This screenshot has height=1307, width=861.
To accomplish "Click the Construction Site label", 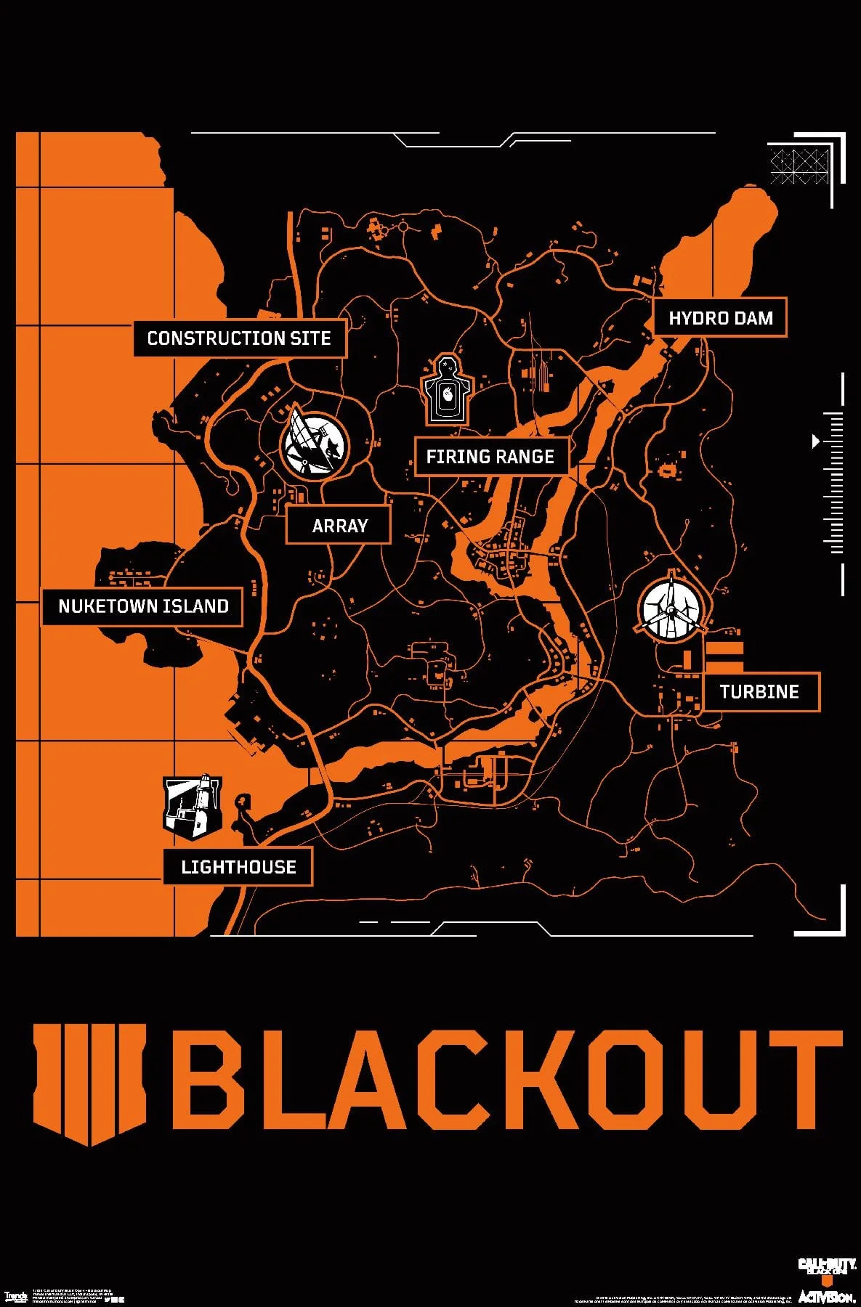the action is (239, 338).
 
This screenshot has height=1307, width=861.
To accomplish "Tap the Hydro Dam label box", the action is (720, 318).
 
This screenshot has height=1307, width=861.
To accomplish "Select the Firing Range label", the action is (490, 457).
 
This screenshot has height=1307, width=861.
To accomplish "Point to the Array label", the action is (339, 526).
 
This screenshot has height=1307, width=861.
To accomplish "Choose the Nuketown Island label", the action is (143, 606).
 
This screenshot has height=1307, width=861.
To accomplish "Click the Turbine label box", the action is (760, 692).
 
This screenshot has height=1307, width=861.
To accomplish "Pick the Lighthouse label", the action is (238, 867).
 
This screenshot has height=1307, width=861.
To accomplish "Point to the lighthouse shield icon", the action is (192, 807).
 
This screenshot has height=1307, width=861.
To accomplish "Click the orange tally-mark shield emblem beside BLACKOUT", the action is (89, 1082).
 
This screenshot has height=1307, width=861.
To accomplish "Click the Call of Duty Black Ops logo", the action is (827, 1267).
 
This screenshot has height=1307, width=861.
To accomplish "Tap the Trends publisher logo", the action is (15, 1296).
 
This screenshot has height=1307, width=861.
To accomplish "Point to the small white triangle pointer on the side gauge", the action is (816, 441).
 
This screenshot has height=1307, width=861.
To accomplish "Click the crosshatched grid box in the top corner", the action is (799, 166).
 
